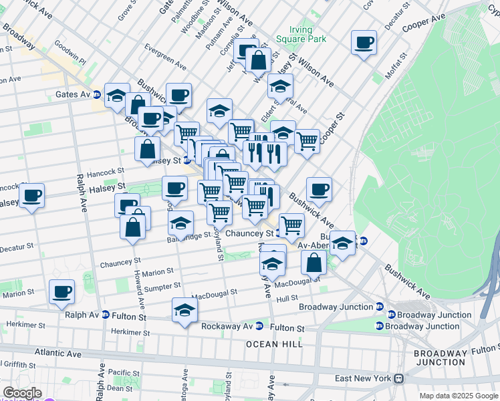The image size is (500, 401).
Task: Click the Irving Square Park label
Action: [308, 34]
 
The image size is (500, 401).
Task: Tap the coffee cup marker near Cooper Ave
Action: [364, 43]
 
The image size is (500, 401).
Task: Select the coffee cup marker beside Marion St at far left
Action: [61, 292]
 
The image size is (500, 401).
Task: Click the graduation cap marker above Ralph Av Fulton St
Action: [184, 310]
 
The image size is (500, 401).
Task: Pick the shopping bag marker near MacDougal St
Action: [314, 262]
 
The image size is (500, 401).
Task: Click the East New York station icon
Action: [399, 378]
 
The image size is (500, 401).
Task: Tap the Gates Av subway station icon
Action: [98, 95]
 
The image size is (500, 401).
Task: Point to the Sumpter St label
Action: [163, 287]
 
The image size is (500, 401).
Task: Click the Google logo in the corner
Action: [22, 393]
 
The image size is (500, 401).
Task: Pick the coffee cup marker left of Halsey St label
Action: [31, 196]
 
